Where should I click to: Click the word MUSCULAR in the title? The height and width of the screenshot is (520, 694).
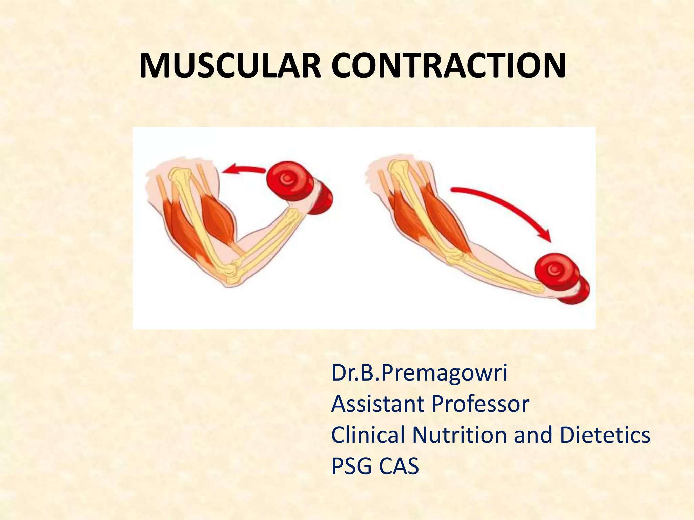[230, 66]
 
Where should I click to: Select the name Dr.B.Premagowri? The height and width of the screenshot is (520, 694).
[419, 373]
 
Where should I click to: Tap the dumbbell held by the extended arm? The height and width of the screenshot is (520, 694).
[559, 276]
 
